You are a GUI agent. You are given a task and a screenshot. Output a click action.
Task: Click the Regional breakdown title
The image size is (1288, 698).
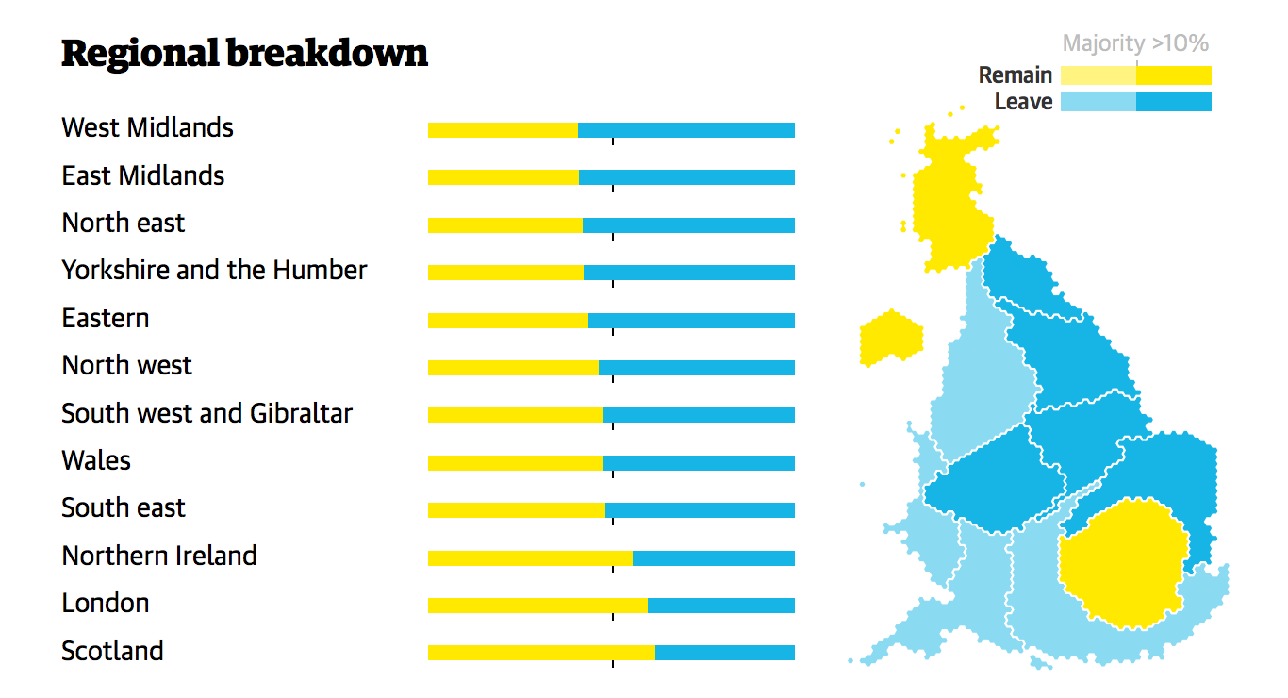coord(244,54)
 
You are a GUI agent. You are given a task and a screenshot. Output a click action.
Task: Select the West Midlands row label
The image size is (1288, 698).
coord(147,127)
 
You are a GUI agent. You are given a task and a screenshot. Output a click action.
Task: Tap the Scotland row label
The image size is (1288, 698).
coord(112,651)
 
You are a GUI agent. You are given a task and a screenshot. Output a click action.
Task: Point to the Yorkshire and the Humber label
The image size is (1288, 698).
coord(214,270)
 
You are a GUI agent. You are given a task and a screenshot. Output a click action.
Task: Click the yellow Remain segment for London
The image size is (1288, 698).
coord(537,605)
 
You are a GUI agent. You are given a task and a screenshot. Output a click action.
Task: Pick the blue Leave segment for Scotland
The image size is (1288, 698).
coord(724,653)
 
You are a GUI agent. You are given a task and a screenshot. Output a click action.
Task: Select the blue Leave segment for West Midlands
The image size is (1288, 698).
coord(685,130)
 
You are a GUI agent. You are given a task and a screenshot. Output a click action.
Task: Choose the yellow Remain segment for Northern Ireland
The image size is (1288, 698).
coord(530,557)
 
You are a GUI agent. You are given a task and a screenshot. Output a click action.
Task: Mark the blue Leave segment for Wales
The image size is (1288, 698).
coord(698,463)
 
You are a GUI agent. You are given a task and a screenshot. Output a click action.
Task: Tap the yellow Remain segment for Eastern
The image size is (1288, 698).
coord(507,321)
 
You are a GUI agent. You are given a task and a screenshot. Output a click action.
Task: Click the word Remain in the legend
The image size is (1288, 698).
coord(1015,75)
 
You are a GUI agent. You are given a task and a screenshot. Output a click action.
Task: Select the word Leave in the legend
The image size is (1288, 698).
coord(1023,102)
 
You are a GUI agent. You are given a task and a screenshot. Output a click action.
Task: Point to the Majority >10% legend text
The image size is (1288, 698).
coord(1135,43)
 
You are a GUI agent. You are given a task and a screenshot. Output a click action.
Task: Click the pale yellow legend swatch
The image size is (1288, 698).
coord(1098,75)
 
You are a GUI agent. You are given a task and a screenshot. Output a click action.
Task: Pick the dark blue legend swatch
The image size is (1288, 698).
coord(1173,102)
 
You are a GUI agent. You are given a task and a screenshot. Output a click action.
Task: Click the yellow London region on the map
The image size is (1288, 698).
coord(1122,563)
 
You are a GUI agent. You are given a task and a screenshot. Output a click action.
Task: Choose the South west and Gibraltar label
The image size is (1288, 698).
coord(206,413)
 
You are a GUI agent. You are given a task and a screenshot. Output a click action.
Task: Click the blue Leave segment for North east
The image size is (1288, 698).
coord(688,225)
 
